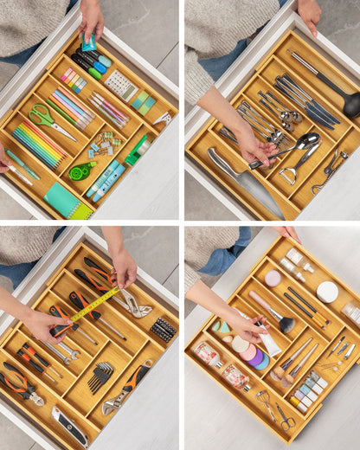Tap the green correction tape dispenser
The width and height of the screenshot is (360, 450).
click(x=81, y=171)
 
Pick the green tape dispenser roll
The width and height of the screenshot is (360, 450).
click(x=137, y=149)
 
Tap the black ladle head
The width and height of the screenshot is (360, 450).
click(x=351, y=104)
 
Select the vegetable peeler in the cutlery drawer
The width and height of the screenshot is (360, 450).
click(x=330, y=169)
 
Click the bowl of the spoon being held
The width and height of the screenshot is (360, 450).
click(x=306, y=139)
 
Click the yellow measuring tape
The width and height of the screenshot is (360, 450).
click(x=95, y=304)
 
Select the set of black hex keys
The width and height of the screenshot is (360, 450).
click(x=100, y=376)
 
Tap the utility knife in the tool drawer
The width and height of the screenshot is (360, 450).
click(x=69, y=426)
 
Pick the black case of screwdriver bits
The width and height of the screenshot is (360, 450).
click(x=163, y=330)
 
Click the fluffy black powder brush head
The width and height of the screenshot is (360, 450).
click(x=286, y=325)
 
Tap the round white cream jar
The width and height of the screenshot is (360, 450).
click(x=327, y=292)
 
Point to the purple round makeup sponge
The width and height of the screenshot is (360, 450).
click(x=260, y=361)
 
